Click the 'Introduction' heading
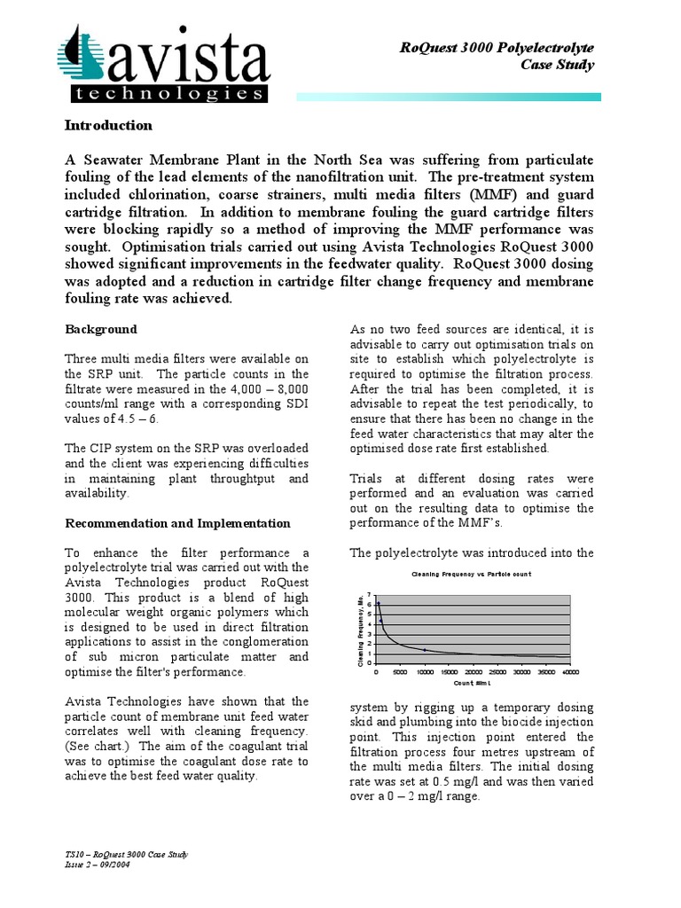[108, 126]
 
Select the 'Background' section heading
[101, 329]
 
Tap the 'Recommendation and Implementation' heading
[177, 524]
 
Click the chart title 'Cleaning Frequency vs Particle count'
[471, 575]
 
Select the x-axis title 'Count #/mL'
[473, 684]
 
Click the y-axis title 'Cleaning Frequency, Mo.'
[361, 629]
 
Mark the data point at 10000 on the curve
[425, 650]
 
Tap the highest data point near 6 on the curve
[380, 604]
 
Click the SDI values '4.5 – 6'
[144, 417]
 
